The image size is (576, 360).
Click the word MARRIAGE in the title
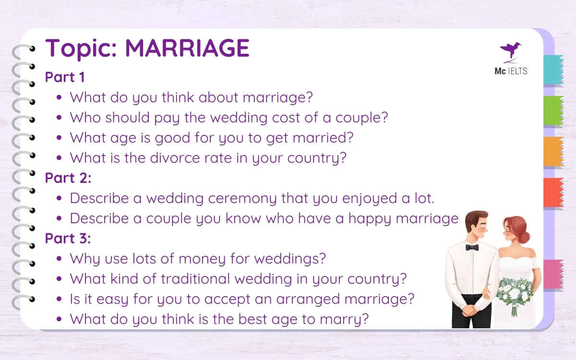click(187, 48)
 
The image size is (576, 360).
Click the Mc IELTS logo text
click(511, 72)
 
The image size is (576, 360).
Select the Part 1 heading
click(64, 77)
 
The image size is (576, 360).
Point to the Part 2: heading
click(68, 178)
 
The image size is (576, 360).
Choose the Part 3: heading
click(68, 239)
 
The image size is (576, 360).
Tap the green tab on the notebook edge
click(553, 111)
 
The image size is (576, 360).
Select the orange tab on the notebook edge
click(553, 152)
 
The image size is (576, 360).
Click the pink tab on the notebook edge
click(553, 274)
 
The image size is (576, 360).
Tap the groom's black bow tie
click(472, 247)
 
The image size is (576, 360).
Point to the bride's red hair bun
click(525, 237)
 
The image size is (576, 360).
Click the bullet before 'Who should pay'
click(59, 118)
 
